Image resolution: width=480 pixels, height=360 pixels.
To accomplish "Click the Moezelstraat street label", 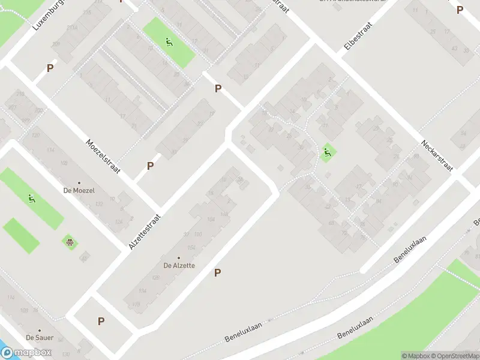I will pyautogui.click(x=103, y=157).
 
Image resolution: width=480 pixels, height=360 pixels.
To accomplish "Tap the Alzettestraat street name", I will pyautogui.click(x=146, y=232).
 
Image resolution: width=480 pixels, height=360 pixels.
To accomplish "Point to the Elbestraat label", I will pyautogui.click(x=358, y=37).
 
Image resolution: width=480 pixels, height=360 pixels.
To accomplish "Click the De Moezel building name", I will pyautogui.click(x=80, y=190).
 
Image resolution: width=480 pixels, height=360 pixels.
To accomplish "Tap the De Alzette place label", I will pyautogui.click(x=178, y=265).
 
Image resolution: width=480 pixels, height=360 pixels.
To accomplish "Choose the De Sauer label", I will pyautogui.click(x=39, y=338).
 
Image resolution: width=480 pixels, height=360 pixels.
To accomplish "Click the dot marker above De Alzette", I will pyautogui.click(x=178, y=258).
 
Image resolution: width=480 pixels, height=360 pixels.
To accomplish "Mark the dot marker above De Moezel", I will pyautogui.click(x=79, y=182).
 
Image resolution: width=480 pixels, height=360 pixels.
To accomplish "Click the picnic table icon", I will pyautogui.click(x=70, y=242).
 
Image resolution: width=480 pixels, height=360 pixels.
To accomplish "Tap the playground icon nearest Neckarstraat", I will pyautogui.click(x=327, y=153).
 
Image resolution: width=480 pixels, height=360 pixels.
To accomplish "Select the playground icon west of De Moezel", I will pyautogui.click(x=31, y=198).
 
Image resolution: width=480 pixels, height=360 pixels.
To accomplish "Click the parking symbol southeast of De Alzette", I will pyautogui.click(x=218, y=273).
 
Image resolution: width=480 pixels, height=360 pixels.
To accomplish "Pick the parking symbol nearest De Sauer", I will pyautogui.click(x=101, y=321).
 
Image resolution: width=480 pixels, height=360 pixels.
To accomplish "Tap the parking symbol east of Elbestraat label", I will pyautogui.click(x=460, y=10).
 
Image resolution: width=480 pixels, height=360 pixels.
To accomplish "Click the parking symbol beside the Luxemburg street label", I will pyautogui.click(x=50, y=68).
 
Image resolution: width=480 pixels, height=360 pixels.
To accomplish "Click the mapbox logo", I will pyautogui.click(x=26, y=353).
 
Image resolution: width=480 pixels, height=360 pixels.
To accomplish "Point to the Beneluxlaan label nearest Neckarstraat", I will pyautogui.click(x=410, y=249).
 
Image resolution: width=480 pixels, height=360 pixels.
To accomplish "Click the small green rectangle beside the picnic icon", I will pyautogui.click(x=21, y=235).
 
